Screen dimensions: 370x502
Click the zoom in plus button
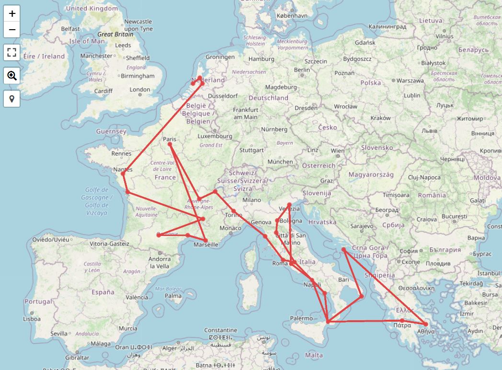pyautogui.click(x=12, y=13)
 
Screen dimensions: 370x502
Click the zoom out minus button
pyautogui.click(x=12, y=30)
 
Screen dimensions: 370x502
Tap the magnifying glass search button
pyautogui.click(x=12, y=76)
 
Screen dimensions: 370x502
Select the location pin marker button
pyautogui.click(x=12, y=99)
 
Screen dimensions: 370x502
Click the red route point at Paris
pyautogui.click(x=170, y=144)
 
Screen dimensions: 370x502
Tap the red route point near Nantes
pyautogui.click(x=123, y=174)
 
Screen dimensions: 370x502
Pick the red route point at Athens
pyautogui.click(x=426, y=325)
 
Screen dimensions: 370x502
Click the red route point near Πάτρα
pyautogui.click(x=402, y=321)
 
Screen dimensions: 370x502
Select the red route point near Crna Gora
pyautogui.click(x=343, y=249)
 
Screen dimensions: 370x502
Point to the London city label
pyautogui.click(x=140, y=90)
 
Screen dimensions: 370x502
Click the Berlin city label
pyautogui.click(x=302, y=70)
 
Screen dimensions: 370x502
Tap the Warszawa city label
pyautogui.click(x=410, y=81)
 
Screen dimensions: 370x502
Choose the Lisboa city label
pyautogui.click(x=32, y=318)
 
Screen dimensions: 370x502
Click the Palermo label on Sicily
pyautogui.click(x=301, y=318)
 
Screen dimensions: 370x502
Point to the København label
pyautogui.click(x=292, y=15)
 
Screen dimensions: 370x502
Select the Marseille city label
pyautogui.click(x=205, y=245)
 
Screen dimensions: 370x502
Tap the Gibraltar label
pyautogui.click(x=77, y=358)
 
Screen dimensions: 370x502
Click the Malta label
pyautogui.click(x=314, y=355)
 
